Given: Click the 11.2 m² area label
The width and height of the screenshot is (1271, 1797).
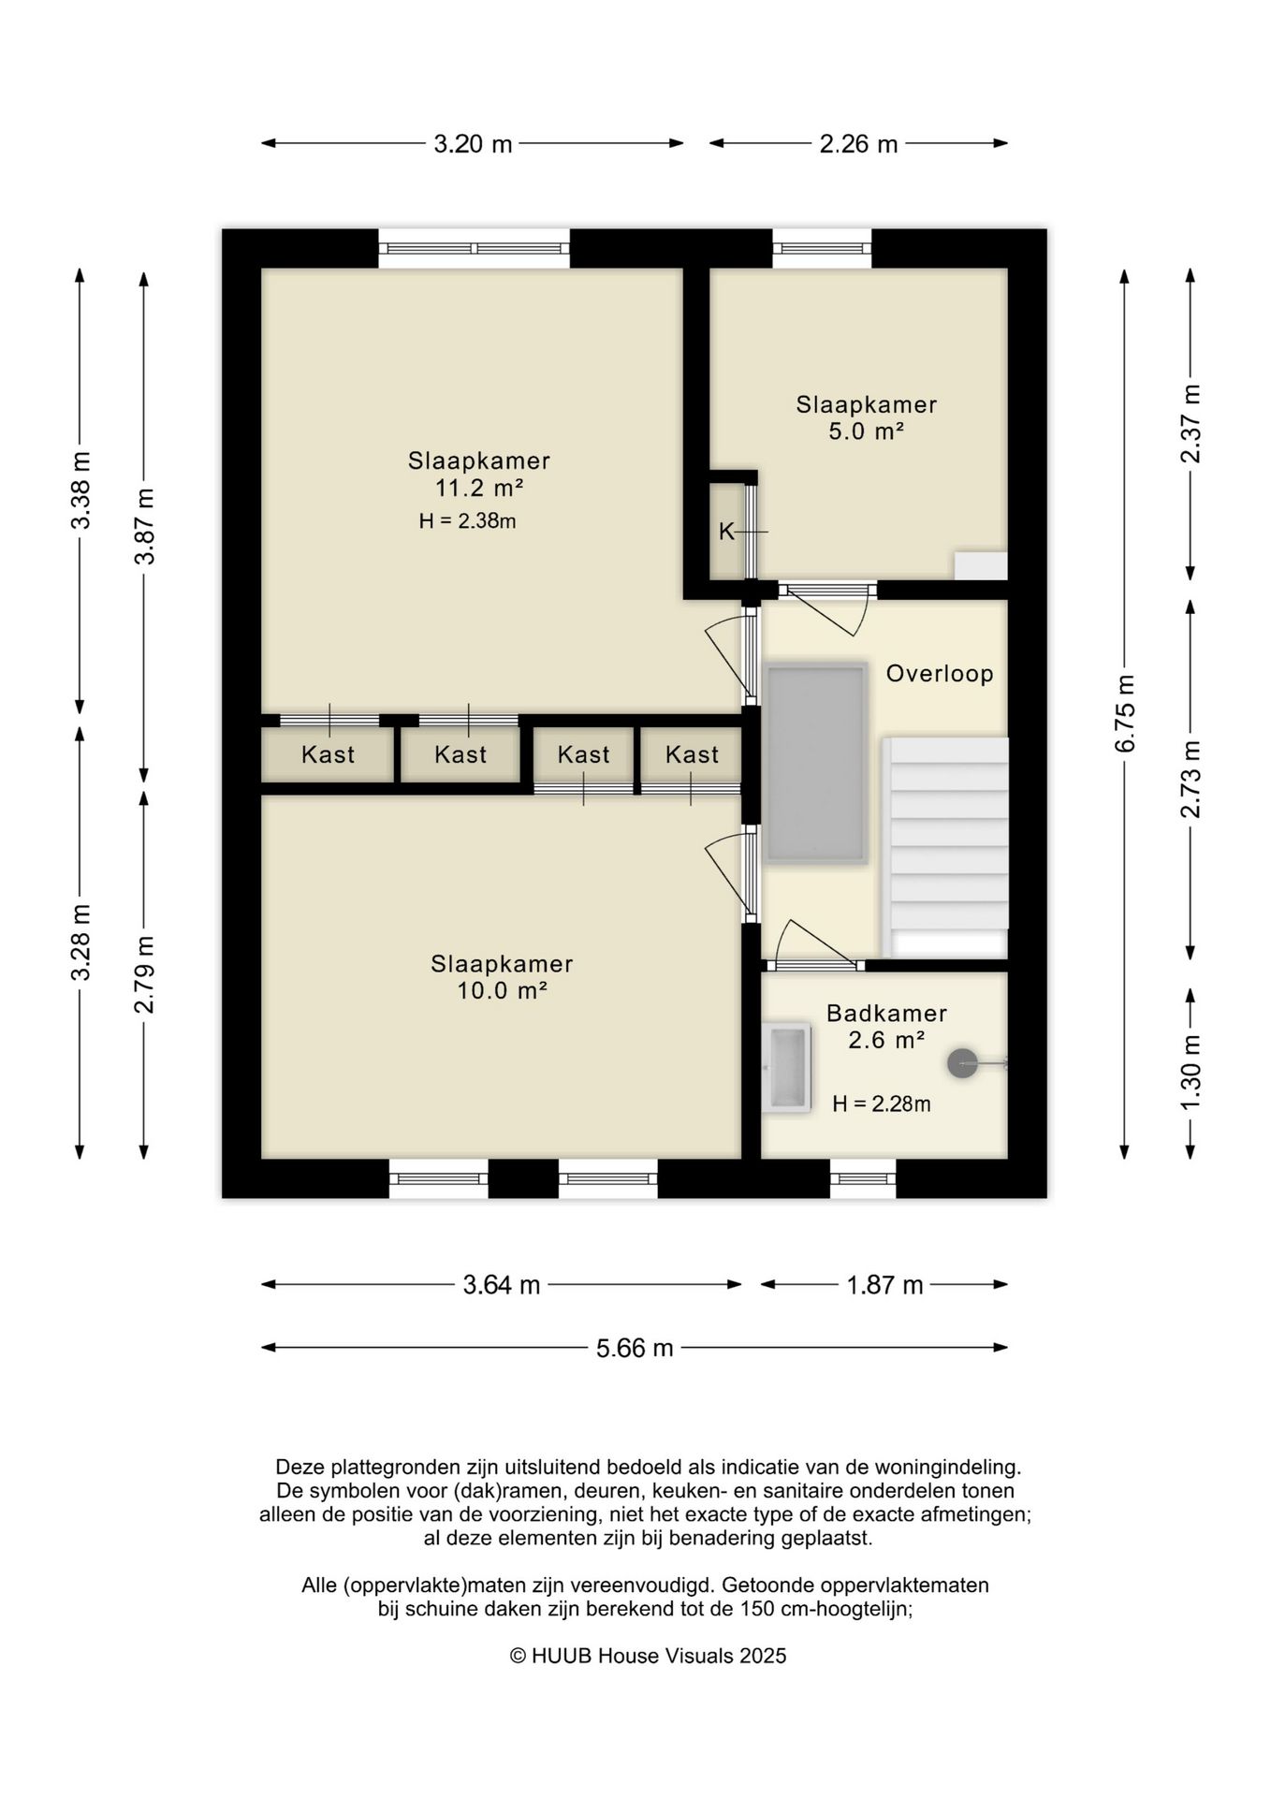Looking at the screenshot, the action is tap(478, 488).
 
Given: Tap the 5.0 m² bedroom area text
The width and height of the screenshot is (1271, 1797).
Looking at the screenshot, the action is tap(866, 431).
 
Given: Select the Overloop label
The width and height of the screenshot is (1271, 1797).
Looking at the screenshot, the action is tap(940, 673).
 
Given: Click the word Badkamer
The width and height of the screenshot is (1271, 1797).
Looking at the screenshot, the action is tap(886, 1013).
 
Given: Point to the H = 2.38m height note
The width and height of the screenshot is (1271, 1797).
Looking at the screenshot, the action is tap(467, 521).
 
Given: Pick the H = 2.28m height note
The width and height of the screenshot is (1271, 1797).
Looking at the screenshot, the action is tap(882, 1104).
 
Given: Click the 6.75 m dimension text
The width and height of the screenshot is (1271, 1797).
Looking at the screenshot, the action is tap(1125, 712).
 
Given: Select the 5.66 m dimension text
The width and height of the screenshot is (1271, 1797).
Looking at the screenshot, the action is tap(635, 1348).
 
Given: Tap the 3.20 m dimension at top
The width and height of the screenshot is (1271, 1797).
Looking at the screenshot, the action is tap(473, 144).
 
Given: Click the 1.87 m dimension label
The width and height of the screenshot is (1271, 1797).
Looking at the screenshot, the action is tap(884, 1285).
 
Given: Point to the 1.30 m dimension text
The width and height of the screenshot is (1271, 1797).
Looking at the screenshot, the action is tap(1191, 1073).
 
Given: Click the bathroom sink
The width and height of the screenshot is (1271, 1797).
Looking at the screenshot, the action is tap(786, 1068).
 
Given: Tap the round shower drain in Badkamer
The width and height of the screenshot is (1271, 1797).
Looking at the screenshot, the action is tap(962, 1062).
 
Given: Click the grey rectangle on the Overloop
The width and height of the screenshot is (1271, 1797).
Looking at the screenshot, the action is tap(815, 764).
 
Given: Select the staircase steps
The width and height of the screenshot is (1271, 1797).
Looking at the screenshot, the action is tap(945, 834).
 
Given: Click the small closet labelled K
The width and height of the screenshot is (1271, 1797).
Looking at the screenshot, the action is tap(727, 532).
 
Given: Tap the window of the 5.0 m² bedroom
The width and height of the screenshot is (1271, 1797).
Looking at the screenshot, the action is tap(822, 248).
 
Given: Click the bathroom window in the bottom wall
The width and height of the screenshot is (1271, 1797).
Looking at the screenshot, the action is tap(863, 1178).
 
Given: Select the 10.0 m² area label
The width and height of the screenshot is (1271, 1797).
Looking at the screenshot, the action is tap(502, 991).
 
